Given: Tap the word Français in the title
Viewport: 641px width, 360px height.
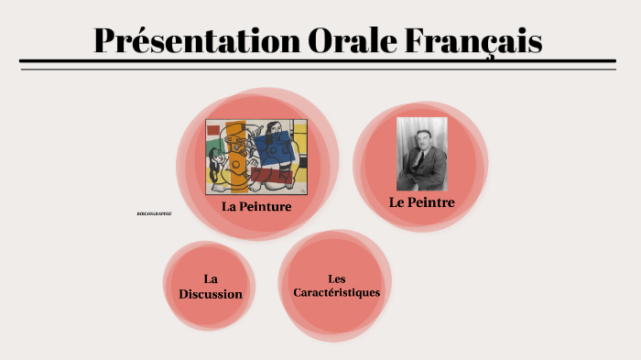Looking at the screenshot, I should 477,41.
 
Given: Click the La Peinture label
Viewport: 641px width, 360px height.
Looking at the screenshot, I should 256,206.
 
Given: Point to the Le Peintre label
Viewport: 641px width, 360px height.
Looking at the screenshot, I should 421,201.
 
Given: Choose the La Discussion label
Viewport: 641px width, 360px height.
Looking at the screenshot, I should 211,286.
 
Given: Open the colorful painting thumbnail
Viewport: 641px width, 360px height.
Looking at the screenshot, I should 256,157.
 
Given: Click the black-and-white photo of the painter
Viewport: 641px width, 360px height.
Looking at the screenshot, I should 421,153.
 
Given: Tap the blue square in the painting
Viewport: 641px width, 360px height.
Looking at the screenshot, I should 276,147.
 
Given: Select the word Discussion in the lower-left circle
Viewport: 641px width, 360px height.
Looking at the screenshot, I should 211,294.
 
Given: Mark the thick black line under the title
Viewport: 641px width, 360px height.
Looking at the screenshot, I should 318,63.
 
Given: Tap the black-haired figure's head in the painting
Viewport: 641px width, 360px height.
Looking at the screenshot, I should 274,128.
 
